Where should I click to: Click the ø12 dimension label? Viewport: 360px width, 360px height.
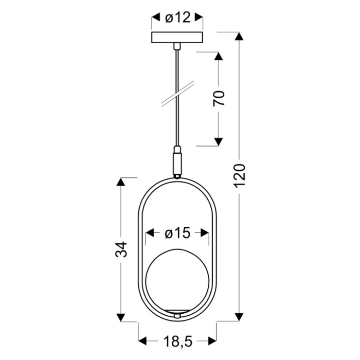[178, 17]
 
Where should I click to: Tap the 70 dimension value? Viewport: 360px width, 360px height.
[219, 99]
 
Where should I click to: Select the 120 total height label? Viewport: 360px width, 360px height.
[240, 176]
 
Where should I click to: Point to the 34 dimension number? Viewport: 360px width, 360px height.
[121, 249]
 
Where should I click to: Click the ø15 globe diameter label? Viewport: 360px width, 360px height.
[177, 233]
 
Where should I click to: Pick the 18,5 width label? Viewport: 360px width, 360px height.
[178, 341]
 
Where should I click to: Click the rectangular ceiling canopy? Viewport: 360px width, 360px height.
[177, 38]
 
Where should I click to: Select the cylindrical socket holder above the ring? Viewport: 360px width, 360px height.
[177, 160]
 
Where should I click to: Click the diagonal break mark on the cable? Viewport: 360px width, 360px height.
[177, 94]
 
